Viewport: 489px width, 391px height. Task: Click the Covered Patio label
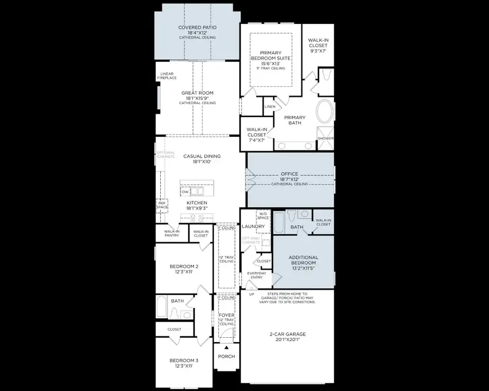click(198, 27)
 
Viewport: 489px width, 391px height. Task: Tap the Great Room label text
click(198, 93)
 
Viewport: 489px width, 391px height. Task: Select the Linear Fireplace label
click(167, 75)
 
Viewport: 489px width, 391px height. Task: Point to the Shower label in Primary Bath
click(325, 138)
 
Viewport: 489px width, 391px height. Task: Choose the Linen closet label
click(270, 107)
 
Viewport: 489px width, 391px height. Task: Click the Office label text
click(289, 174)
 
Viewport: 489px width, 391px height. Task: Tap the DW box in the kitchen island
click(186, 191)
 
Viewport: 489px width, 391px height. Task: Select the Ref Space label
click(162, 205)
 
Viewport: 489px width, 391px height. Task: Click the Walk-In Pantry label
click(172, 234)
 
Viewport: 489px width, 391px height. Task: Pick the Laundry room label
click(253, 226)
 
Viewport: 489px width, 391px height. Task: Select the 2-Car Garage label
click(288, 335)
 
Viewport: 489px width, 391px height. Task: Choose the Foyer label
click(226, 316)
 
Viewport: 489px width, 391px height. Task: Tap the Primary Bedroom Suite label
click(271, 55)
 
